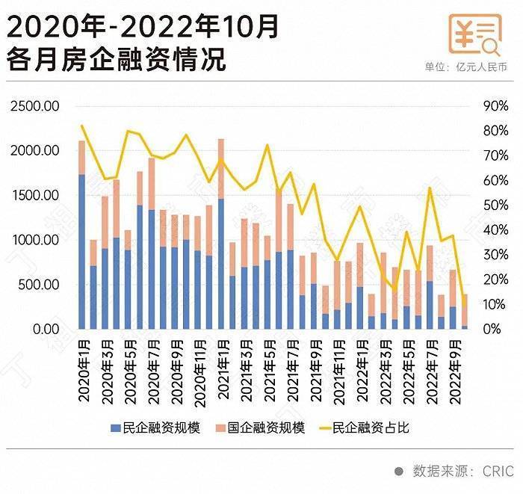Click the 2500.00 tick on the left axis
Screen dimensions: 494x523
(x=35, y=106)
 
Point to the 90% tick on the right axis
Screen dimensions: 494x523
(x=495, y=106)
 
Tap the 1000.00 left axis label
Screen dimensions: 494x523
(x=35, y=240)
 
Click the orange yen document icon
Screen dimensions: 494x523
(x=474, y=34)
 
